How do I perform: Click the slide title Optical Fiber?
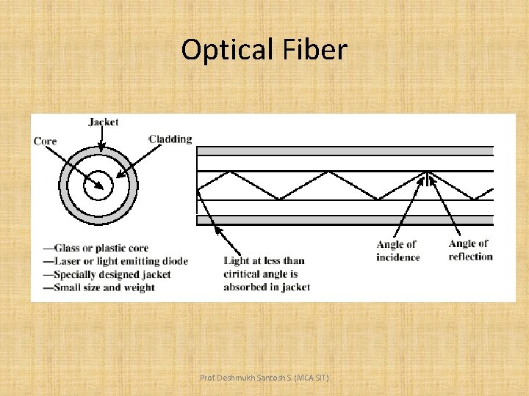click(x=264, y=50)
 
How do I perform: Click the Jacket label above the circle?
click(x=103, y=122)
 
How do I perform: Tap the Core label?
click(x=45, y=141)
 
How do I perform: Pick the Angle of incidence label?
click(x=397, y=251)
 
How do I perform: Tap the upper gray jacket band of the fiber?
click(x=345, y=151)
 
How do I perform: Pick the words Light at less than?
click(x=264, y=260)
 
